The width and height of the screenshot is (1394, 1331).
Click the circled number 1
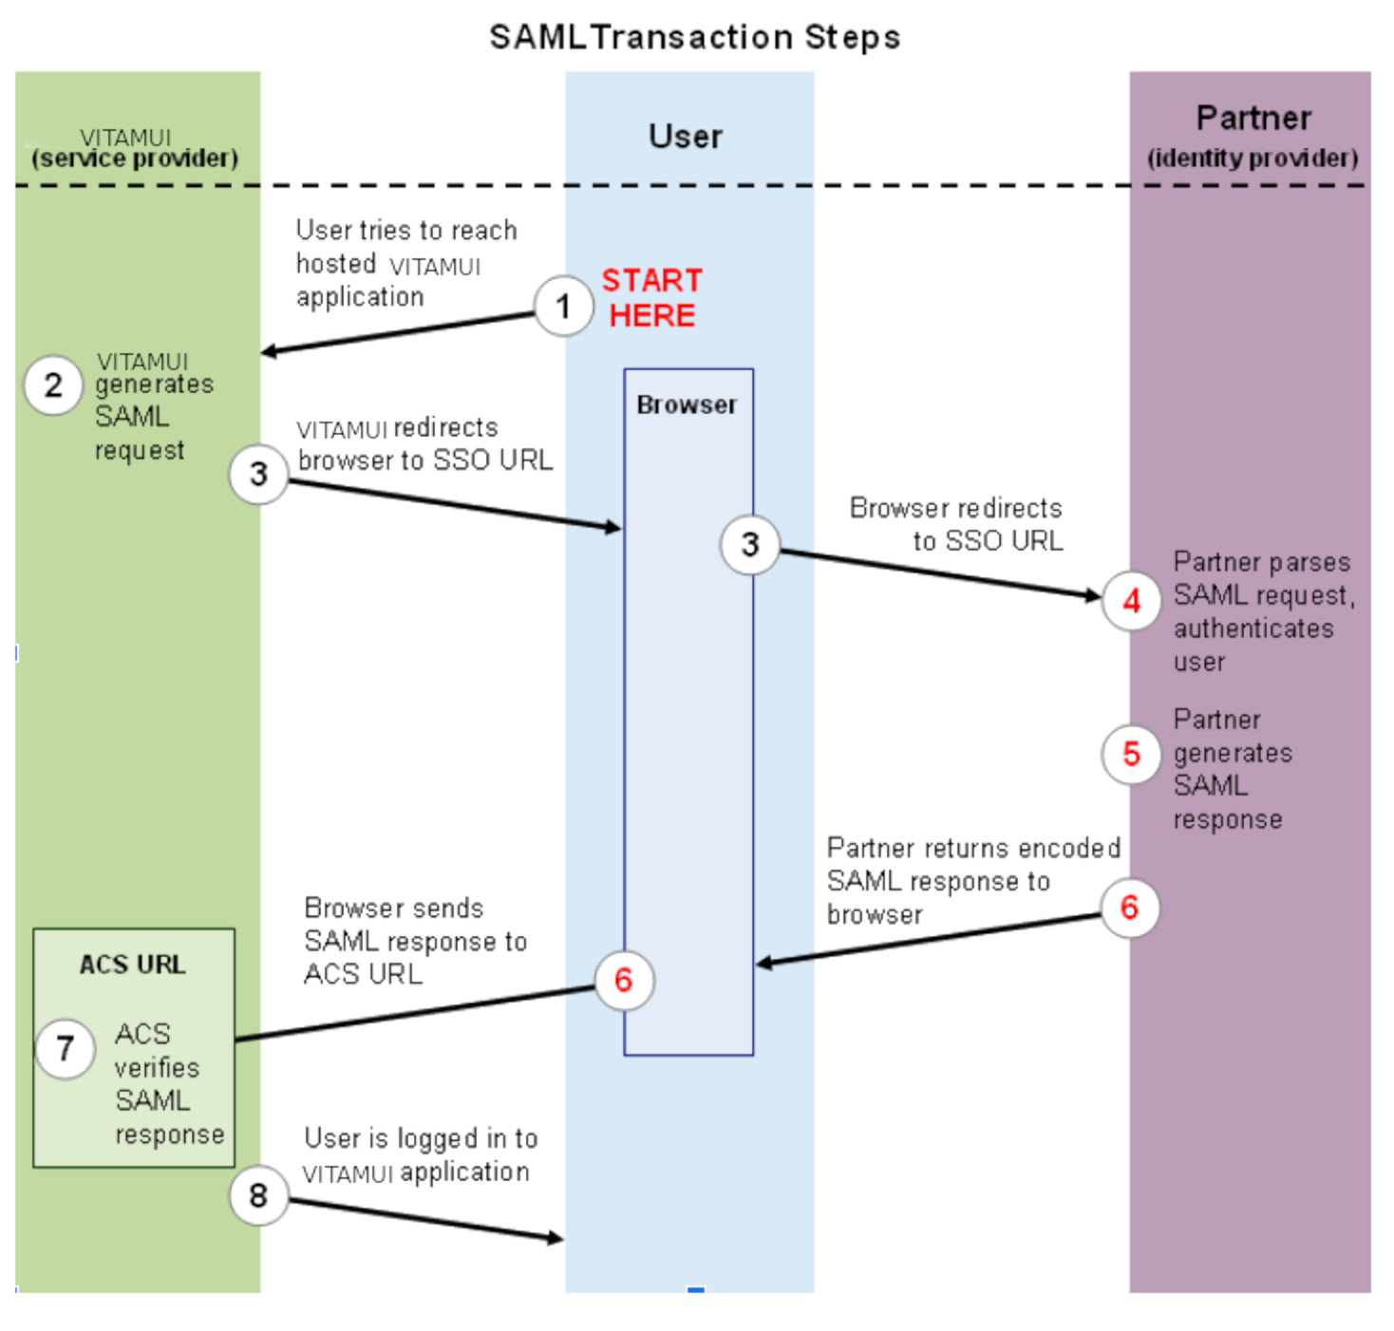click(563, 306)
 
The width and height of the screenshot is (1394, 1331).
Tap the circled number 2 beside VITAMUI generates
click(53, 384)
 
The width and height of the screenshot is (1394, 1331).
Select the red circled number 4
click(1131, 600)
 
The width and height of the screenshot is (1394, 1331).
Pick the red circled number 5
click(1131, 754)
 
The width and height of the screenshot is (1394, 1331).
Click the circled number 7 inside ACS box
click(65, 1048)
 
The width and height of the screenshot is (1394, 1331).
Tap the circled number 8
click(258, 1195)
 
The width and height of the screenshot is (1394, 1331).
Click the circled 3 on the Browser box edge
click(749, 544)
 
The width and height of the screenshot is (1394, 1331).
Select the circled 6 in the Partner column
click(1129, 908)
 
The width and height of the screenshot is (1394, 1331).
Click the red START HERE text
click(652, 298)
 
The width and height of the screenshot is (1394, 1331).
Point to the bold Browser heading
click(687, 404)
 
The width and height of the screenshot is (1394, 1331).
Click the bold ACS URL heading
click(133, 965)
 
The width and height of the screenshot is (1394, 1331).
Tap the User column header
click(686, 137)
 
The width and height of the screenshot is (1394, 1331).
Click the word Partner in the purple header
click(1253, 119)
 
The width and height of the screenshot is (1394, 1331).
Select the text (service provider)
click(135, 159)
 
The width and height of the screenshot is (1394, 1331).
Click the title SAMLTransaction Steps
click(695, 37)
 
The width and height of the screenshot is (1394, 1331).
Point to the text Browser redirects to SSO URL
click(957, 524)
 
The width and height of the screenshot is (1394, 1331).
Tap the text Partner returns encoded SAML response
click(972, 880)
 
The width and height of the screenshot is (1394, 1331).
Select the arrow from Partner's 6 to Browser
click(928, 940)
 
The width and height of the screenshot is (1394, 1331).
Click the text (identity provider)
click(1253, 159)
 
